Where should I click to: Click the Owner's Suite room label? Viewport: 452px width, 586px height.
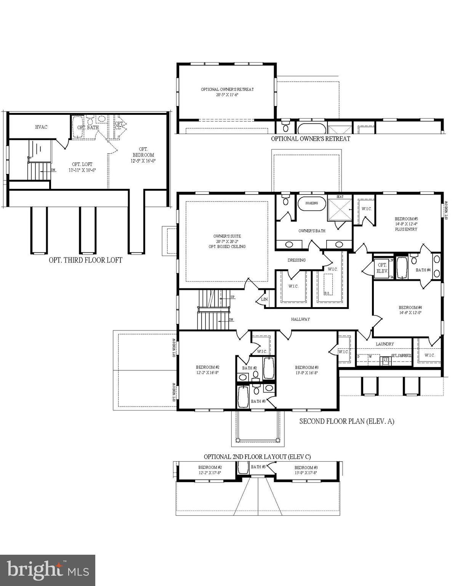pos(227,237)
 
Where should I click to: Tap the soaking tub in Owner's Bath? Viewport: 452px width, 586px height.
pos(311,203)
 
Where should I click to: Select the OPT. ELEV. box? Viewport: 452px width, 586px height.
pos(382,268)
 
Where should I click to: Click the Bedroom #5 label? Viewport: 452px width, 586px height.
pos(406,219)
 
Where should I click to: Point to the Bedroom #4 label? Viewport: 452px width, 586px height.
pos(410,307)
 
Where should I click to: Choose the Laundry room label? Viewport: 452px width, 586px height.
pos(385,344)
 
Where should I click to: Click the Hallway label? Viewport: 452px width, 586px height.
pos(300,319)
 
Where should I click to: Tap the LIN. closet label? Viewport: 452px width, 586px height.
pos(264,300)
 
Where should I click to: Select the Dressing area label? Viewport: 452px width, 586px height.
pos(297,260)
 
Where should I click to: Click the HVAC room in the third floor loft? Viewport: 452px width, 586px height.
pos(41,127)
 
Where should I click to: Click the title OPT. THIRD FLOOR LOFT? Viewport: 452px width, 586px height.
pos(85,260)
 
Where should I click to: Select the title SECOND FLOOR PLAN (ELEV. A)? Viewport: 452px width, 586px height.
pos(346,421)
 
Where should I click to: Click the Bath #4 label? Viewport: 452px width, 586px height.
pos(423,270)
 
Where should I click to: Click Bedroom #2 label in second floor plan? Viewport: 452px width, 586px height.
pos(207,367)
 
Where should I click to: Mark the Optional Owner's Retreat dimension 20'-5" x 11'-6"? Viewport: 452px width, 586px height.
pos(227,95)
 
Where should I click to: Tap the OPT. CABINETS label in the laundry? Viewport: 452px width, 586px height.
pos(401,355)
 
